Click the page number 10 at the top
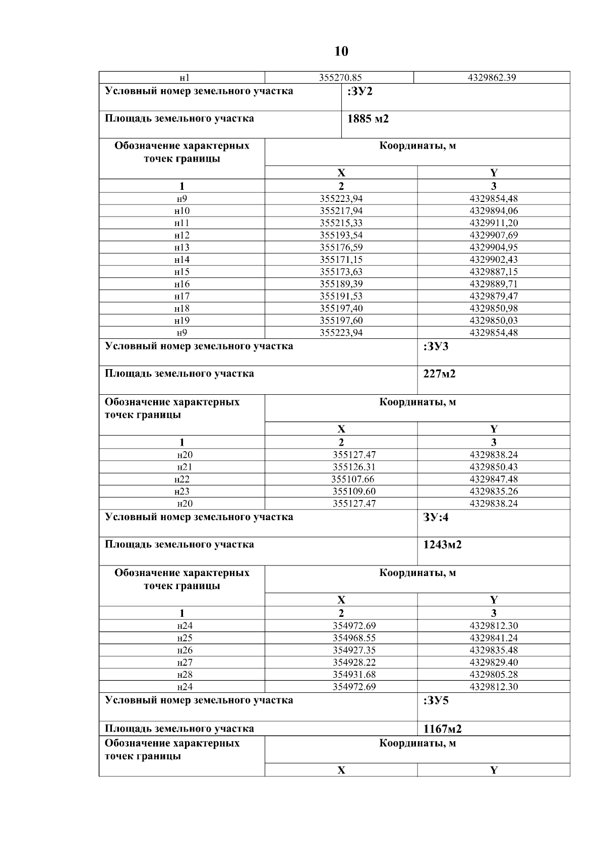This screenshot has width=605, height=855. (341, 51)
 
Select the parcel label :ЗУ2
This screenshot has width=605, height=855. (360, 92)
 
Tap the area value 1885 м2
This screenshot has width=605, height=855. (368, 119)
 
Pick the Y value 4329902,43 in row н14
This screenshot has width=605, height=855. (494, 260)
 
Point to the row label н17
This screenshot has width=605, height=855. (182, 296)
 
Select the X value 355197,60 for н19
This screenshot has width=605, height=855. (341, 321)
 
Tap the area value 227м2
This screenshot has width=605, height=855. (439, 374)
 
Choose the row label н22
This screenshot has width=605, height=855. (182, 479)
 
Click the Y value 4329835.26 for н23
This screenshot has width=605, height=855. (494, 491)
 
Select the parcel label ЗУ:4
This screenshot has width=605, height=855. (436, 517)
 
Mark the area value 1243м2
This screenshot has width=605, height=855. (442, 545)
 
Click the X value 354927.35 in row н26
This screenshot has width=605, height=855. (354, 651)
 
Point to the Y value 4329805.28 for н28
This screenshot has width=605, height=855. (494, 675)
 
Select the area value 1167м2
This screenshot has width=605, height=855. (442, 729)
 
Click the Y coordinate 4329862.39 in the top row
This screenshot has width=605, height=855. (492, 78)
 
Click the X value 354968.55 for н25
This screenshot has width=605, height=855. (354, 638)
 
